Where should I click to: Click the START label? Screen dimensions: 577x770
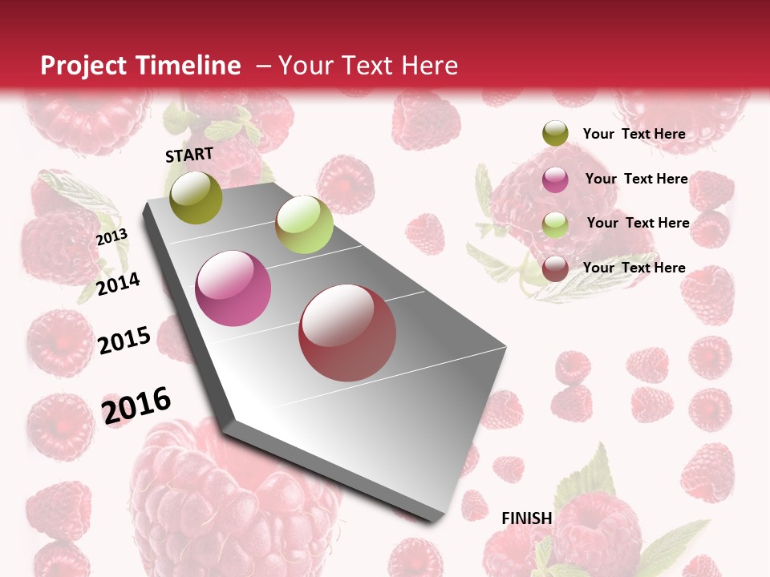click(189, 155)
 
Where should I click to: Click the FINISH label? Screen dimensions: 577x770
click(527, 518)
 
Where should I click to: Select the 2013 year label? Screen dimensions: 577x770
click(111, 237)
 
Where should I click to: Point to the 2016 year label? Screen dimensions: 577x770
click(136, 405)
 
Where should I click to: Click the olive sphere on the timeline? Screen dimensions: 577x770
click(197, 197)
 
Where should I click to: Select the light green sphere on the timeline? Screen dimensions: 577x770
click(304, 224)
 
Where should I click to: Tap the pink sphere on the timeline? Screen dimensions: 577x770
click(233, 288)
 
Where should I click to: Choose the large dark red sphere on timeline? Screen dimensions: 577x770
click(347, 333)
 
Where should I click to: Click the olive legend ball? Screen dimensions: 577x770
click(555, 134)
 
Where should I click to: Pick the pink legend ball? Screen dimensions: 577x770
click(555, 180)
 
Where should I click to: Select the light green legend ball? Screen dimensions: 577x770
click(555, 224)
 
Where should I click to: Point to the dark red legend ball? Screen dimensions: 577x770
click(555, 268)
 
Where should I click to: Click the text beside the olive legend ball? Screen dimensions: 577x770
click(634, 134)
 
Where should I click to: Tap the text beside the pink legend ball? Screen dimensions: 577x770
click(636, 179)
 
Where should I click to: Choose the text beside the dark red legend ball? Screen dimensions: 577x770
click(634, 268)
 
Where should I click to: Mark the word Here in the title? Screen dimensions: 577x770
click(429, 66)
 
